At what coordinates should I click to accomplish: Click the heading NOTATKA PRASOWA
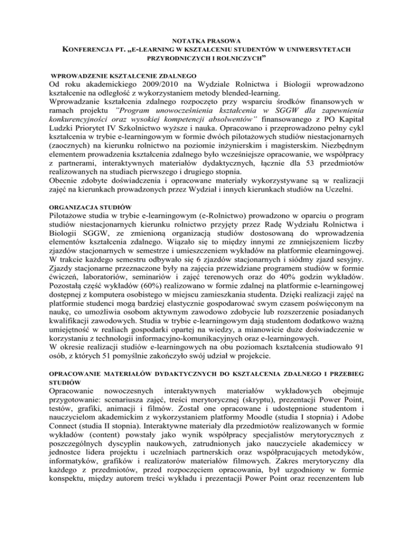[x=206, y=41]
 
